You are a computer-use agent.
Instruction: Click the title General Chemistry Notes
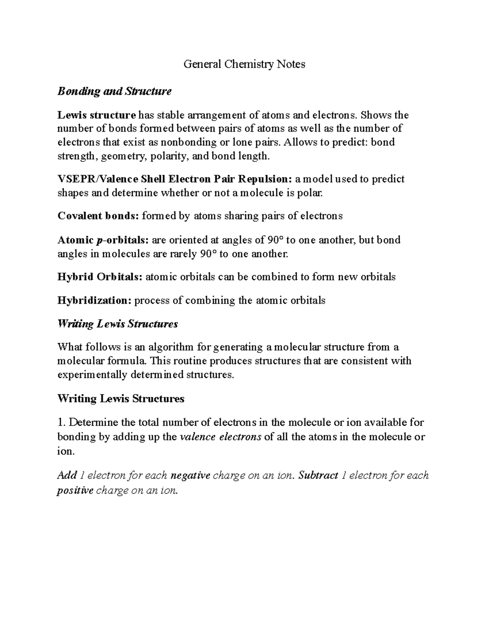point(244,64)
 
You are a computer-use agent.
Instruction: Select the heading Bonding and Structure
point(115,91)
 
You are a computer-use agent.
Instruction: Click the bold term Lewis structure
point(96,115)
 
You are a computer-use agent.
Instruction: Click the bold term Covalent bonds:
point(98,216)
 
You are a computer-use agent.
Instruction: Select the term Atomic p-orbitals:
point(103,240)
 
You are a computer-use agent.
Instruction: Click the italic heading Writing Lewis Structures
point(118,324)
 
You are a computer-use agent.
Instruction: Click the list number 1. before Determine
point(60,423)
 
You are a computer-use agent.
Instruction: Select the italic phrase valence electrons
point(220,437)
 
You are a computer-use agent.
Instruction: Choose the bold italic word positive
point(75,491)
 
